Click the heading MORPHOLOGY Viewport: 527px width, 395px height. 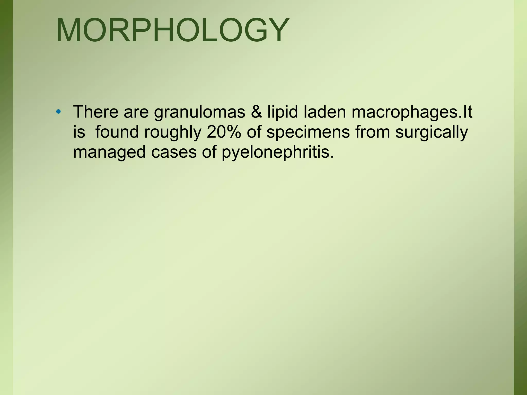pos(172,30)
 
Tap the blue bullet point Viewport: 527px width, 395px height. pos(59,112)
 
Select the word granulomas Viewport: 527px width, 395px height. pos(200,112)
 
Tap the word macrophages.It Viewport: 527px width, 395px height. pos(412,112)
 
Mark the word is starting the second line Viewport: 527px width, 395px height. pos(79,132)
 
